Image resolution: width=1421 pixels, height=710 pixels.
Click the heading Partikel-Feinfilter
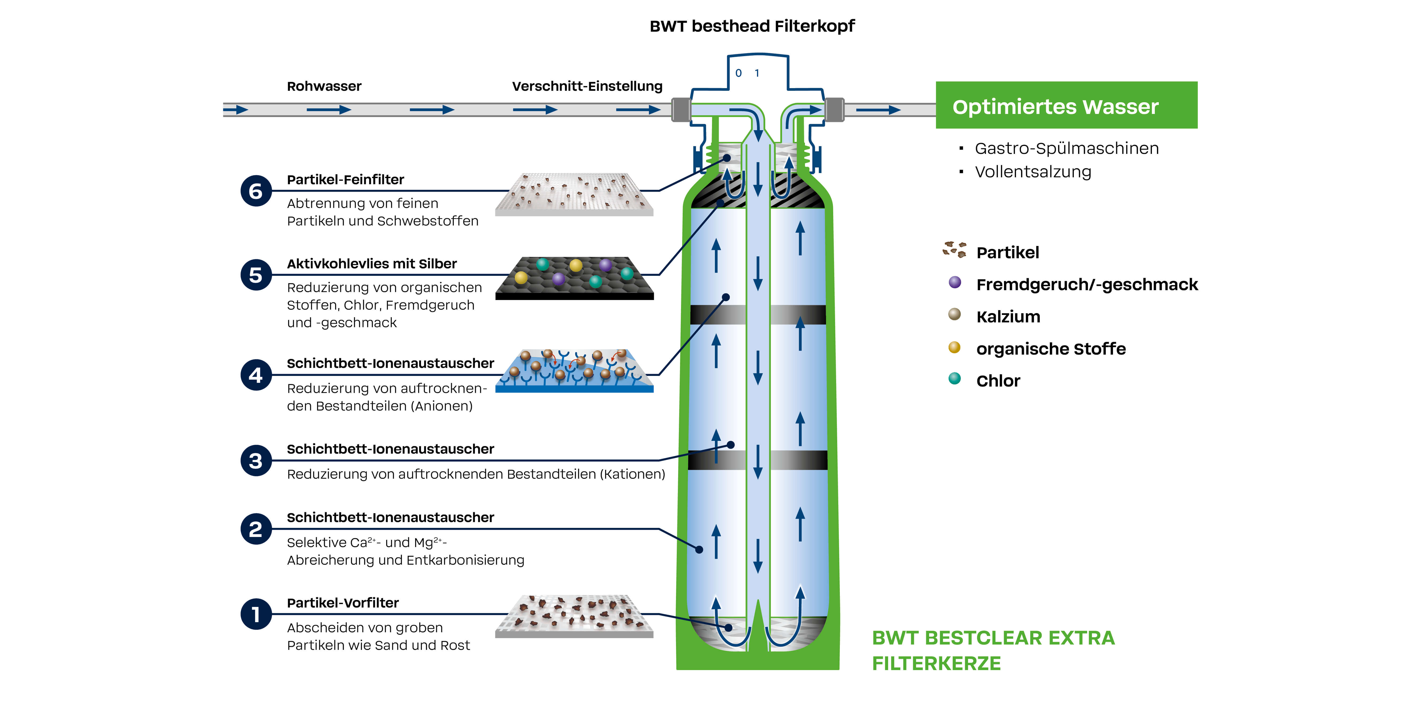pos(345,180)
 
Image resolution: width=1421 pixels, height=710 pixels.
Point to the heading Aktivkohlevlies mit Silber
pos(372,264)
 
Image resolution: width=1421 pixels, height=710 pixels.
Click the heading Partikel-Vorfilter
pos(343,603)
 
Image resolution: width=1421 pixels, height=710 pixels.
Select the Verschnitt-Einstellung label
pos(587,87)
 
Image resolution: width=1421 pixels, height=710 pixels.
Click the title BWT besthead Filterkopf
pos(752,26)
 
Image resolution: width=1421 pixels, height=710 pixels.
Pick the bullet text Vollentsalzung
pos(1033,172)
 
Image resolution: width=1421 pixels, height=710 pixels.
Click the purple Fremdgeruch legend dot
pos(955,283)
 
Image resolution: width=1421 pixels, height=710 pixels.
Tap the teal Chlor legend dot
pos(955,379)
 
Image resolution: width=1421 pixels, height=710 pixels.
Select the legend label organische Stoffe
pos(1051,349)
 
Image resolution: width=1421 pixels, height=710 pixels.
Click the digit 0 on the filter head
pos(739,73)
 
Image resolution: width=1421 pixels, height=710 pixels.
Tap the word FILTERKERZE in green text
pos(936,663)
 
